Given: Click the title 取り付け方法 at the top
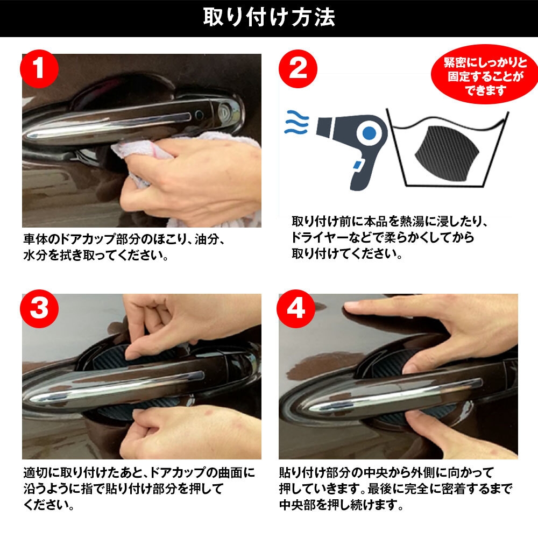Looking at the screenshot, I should point(269,18).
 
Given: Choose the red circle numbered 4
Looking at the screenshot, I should point(297,308).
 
